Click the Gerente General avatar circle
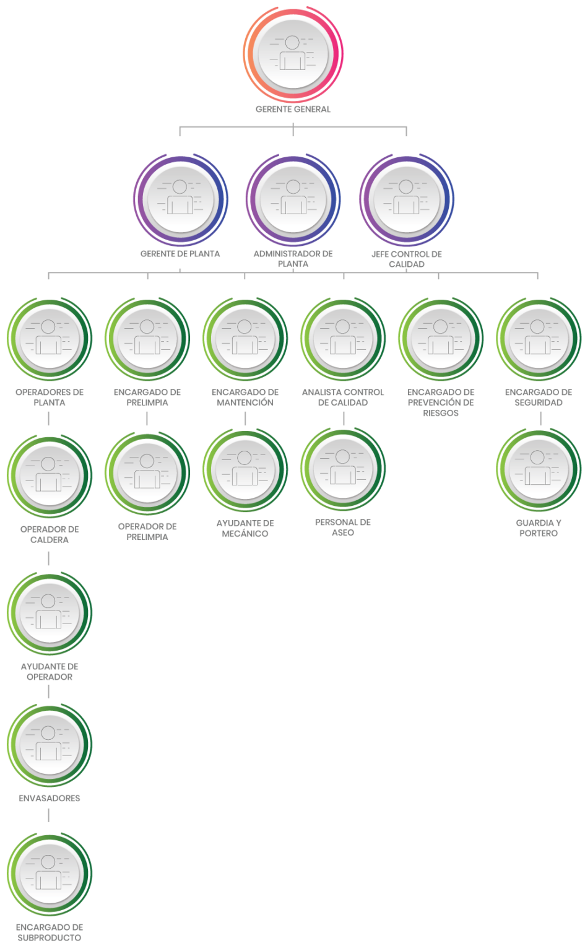pos(293,53)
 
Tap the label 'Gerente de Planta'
pos(180,254)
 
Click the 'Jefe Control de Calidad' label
pos(407,259)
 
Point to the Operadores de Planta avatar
pos(49,339)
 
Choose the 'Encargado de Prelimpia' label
pos(147,397)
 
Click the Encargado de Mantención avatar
pos(245,339)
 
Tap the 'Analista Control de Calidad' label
pos(343,397)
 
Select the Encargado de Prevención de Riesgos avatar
pos(440,339)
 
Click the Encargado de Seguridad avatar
pos(538,339)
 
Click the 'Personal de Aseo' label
pos(343,528)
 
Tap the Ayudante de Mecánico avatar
pos(245,471)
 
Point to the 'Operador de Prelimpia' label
pos(147,531)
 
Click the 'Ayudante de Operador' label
pos(49,672)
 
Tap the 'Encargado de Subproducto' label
pos(49,932)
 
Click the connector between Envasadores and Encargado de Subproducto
pos(49,815)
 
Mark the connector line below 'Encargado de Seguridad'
pos(541,419)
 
